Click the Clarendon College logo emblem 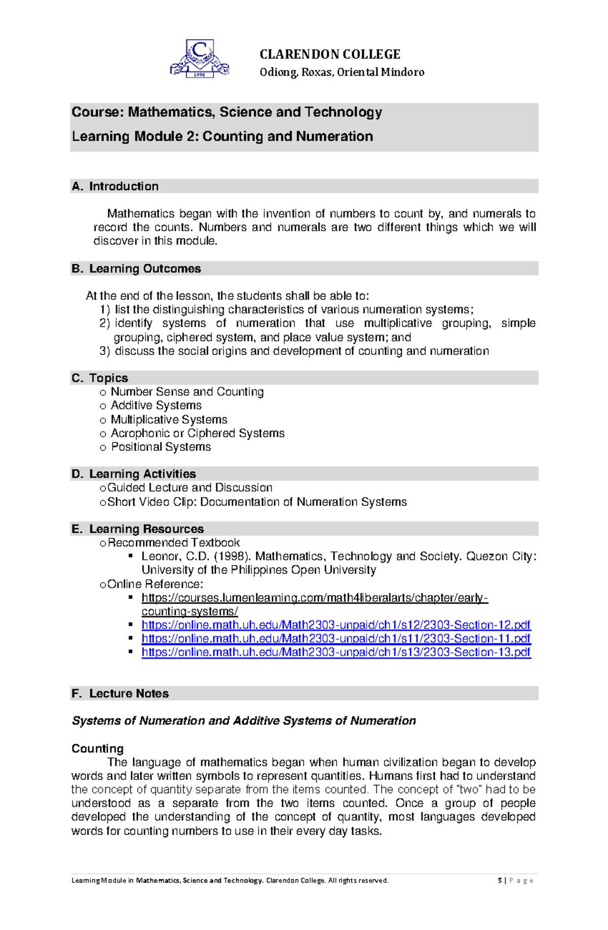200,59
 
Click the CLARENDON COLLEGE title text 330,54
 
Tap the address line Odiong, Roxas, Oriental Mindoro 342,72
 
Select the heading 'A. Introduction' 116,187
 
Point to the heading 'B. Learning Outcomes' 136,269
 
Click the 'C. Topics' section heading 100,378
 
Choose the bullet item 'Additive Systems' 156,405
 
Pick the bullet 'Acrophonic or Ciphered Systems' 198,433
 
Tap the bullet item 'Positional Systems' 161,447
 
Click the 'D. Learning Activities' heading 134,474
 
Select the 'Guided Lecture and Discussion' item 190,488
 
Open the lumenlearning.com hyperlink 314,598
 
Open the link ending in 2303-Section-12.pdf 336,625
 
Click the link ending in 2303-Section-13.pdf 336,652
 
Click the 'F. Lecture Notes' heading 120,693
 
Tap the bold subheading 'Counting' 97,749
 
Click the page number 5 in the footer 500,880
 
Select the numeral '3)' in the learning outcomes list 104,351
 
